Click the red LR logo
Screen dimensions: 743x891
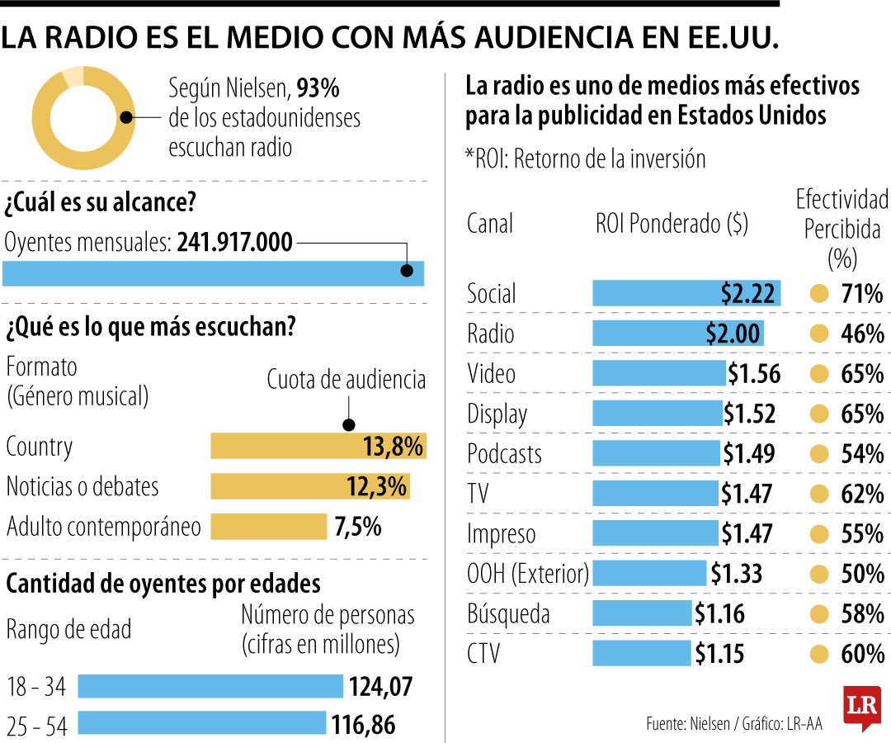point(861,708)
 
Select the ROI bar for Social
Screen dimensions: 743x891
point(686,293)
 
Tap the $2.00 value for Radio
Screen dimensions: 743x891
point(733,334)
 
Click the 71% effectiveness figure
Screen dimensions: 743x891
point(862,294)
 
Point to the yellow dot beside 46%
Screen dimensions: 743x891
point(818,334)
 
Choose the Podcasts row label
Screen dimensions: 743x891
point(504,454)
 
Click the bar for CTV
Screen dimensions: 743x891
point(642,654)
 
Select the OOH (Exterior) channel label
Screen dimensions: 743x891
point(528,574)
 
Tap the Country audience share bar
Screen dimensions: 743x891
point(318,447)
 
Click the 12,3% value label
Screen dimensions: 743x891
point(376,486)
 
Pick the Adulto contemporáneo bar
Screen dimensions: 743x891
point(269,527)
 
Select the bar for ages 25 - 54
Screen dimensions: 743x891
point(201,724)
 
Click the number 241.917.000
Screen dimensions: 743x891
point(235,243)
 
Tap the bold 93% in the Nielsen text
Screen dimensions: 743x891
point(318,88)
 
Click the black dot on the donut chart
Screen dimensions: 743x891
point(126,117)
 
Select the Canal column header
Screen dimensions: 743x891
point(489,224)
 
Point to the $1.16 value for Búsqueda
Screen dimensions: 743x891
point(719,613)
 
